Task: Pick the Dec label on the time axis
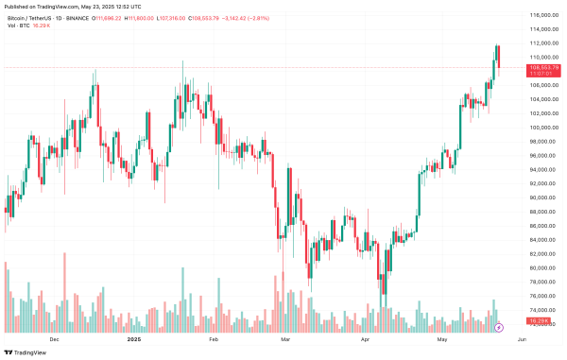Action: [54, 338]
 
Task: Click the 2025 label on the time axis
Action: [133, 338]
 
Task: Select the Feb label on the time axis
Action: [213, 338]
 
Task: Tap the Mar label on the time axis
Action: [286, 338]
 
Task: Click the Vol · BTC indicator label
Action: [18, 25]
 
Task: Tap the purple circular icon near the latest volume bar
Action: [499, 327]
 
